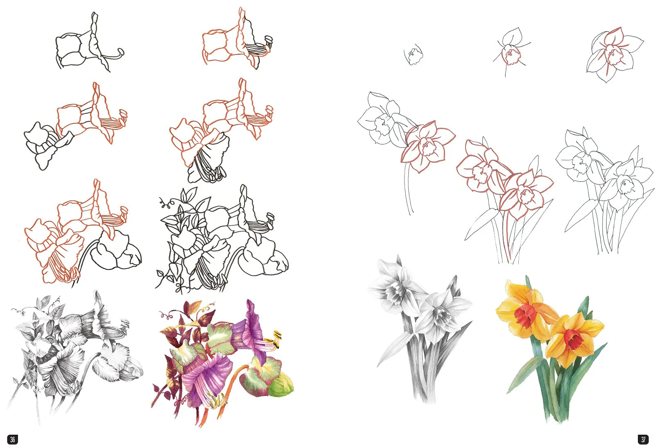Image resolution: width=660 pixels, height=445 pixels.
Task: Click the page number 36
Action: [x=12, y=439]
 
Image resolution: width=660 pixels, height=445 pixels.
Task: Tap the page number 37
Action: [x=643, y=439]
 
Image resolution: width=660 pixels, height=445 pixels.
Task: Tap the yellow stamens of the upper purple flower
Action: [x=273, y=341]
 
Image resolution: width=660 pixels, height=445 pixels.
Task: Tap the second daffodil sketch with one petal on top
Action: [x=511, y=52]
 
